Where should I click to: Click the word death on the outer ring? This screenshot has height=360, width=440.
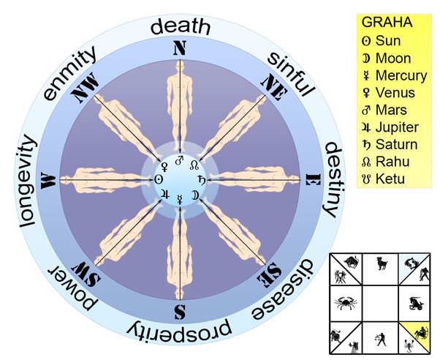[180, 28]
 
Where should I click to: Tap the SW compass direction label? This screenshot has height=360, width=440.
[82, 274]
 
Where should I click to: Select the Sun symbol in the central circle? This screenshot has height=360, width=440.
[159, 178]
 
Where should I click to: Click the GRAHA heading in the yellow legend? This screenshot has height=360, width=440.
[387, 23]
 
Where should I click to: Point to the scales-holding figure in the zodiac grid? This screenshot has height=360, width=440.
[381, 338]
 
